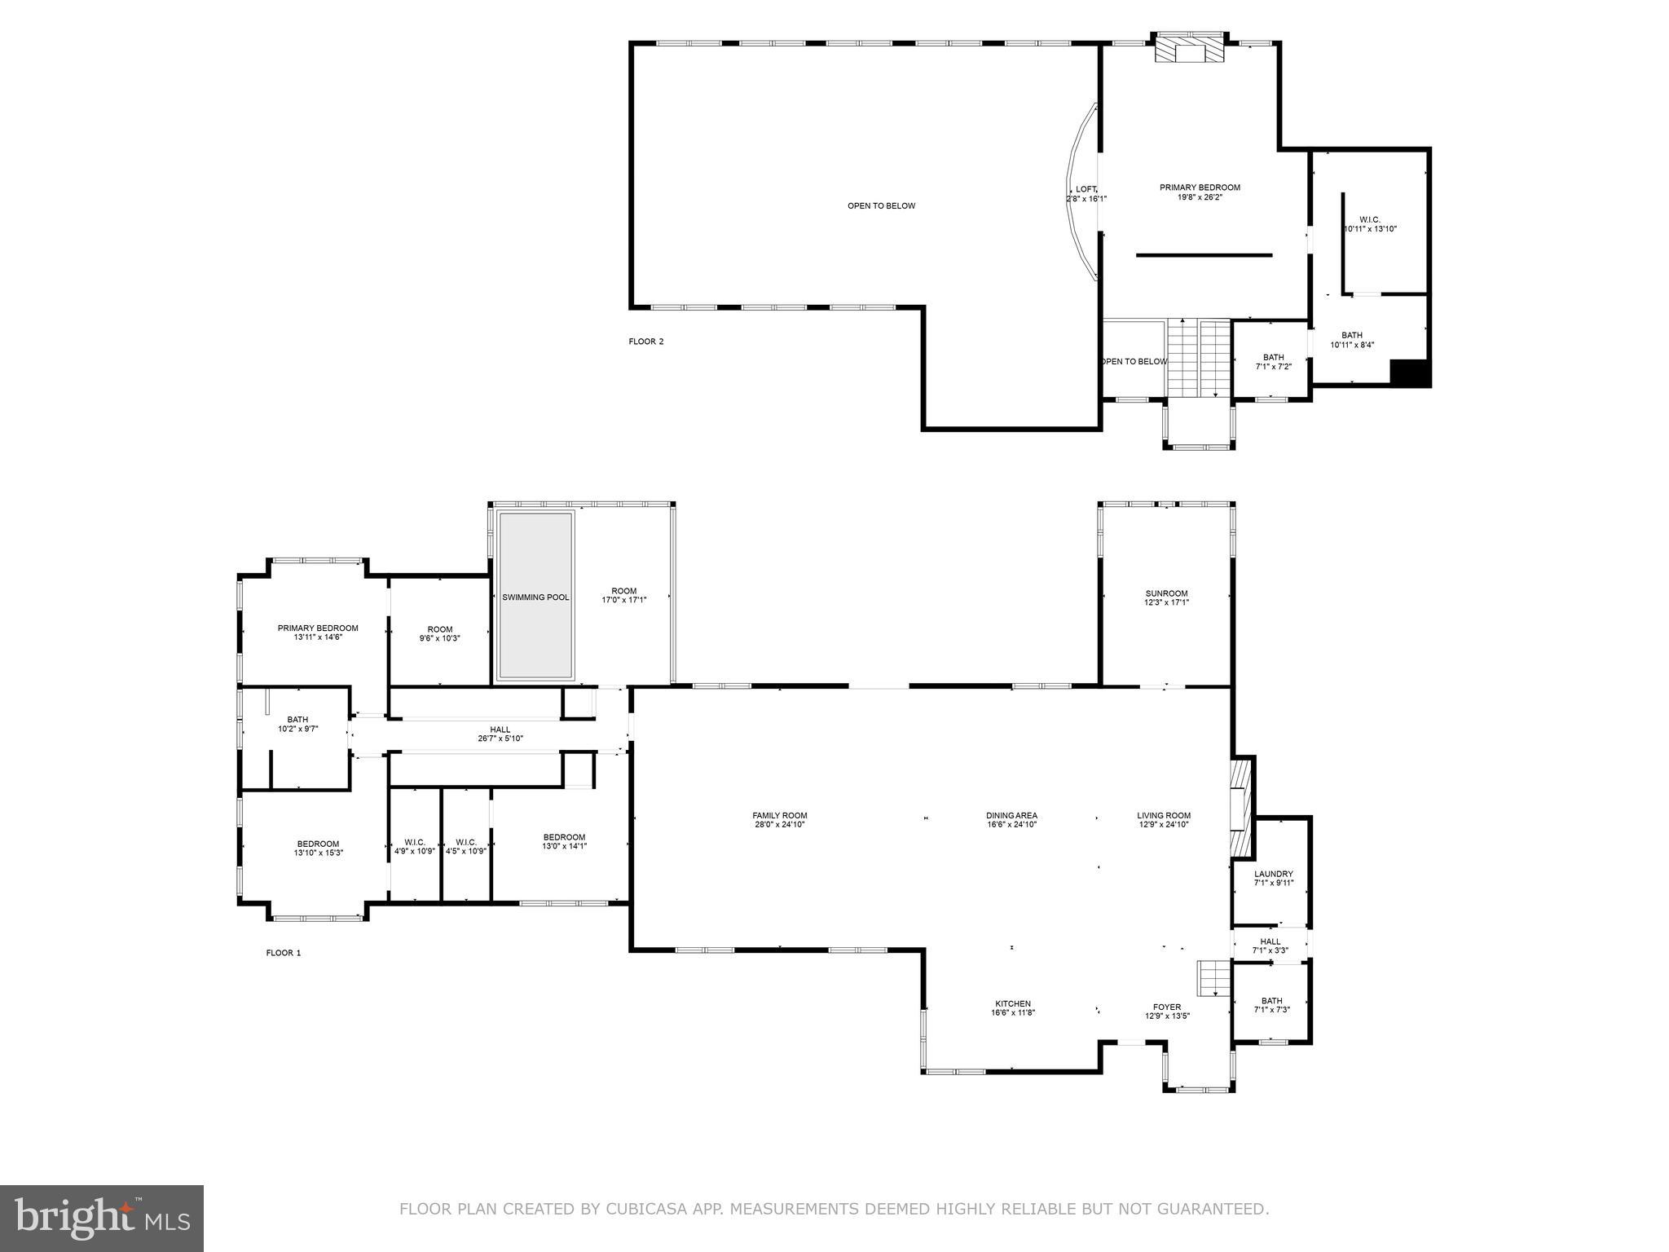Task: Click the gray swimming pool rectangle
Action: [535, 595]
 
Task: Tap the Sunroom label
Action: [1166, 593]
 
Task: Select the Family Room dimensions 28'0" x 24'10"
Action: [780, 824]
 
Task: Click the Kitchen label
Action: [1013, 1003]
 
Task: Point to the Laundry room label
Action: [1273, 874]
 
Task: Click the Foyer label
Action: [1167, 1007]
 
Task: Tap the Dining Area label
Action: [1011, 815]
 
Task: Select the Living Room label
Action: [1164, 815]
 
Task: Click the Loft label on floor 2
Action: [1086, 189]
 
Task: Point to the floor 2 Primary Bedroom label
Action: [1200, 187]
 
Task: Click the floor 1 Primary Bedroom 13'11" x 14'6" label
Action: [318, 628]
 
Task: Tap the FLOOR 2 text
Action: [646, 342]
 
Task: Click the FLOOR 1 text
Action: [284, 953]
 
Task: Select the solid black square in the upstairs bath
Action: [1409, 373]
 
